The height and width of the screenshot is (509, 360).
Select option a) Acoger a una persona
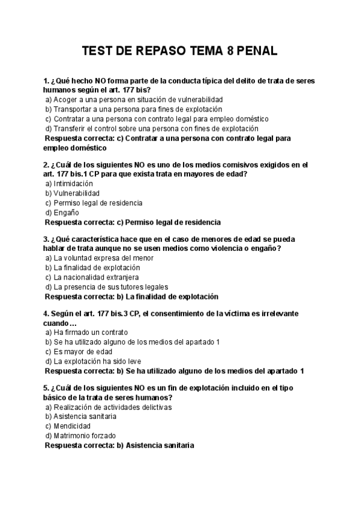point(134,99)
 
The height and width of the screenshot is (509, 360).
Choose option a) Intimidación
point(69,183)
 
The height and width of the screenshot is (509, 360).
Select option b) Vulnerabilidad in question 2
point(72,193)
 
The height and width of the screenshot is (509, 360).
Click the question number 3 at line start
point(46,238)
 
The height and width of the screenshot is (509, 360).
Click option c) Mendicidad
point(67,426)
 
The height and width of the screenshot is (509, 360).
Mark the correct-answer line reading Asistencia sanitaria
point(120,445)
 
